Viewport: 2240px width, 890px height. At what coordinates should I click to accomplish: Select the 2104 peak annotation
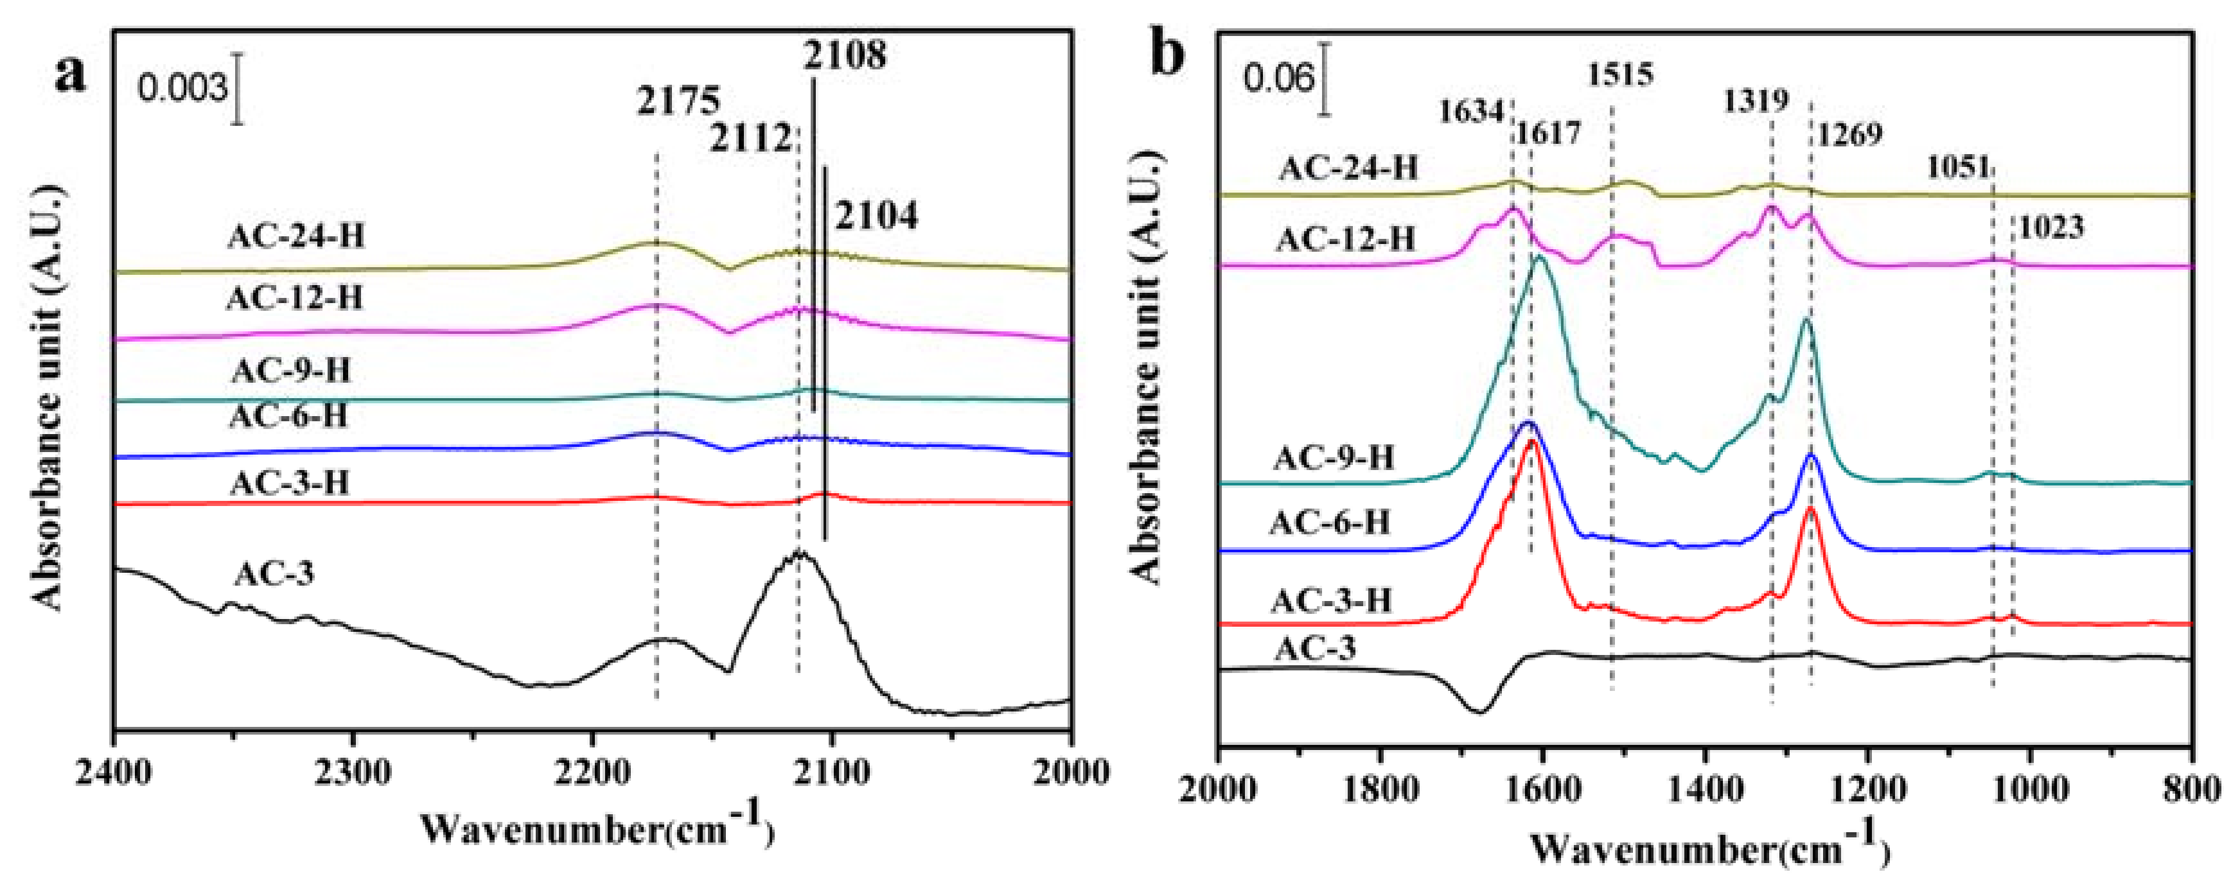tap(876, 216)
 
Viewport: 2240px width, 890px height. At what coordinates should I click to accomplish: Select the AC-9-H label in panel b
tap(1334, 458)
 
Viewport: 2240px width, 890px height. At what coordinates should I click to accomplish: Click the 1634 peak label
tap(1470, 112)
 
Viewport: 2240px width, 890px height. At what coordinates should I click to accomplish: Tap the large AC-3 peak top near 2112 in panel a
tap(798, 553)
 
